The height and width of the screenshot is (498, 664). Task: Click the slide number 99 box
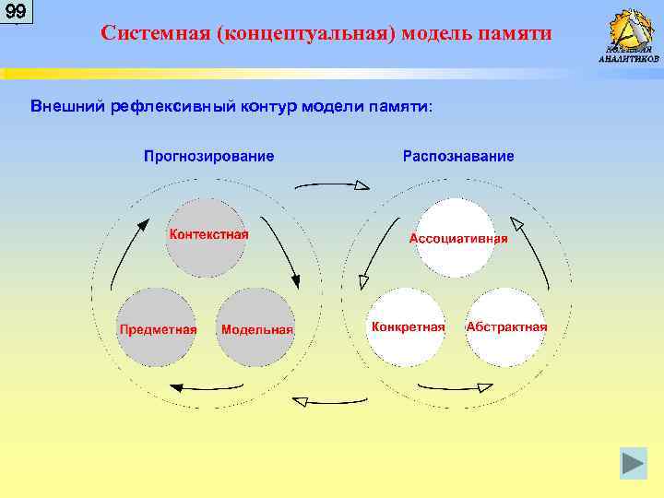(x=16, y=12)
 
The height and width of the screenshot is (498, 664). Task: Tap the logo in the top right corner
(x=630, y=34)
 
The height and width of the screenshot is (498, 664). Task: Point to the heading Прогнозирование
(x=208, y=156)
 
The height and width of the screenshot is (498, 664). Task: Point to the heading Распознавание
(x=458, y=156)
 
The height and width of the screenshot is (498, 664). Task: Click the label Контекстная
(x=207, y=233)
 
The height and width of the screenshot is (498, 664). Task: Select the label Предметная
(x=157, y=328)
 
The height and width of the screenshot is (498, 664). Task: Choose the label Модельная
(x=256, y=329)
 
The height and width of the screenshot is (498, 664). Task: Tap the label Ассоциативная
(x=458, y=238)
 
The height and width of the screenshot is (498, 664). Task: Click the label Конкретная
(x=408, y=327)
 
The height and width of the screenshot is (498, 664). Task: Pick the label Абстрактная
(x=506, y=327)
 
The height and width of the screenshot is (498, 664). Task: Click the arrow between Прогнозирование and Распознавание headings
(x=331, y=184)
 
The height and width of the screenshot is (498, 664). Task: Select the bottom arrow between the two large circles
(x=331, y=400)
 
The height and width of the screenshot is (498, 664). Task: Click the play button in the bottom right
(x=633, y=463)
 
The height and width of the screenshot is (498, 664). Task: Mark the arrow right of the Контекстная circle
(x=281, y=249)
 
